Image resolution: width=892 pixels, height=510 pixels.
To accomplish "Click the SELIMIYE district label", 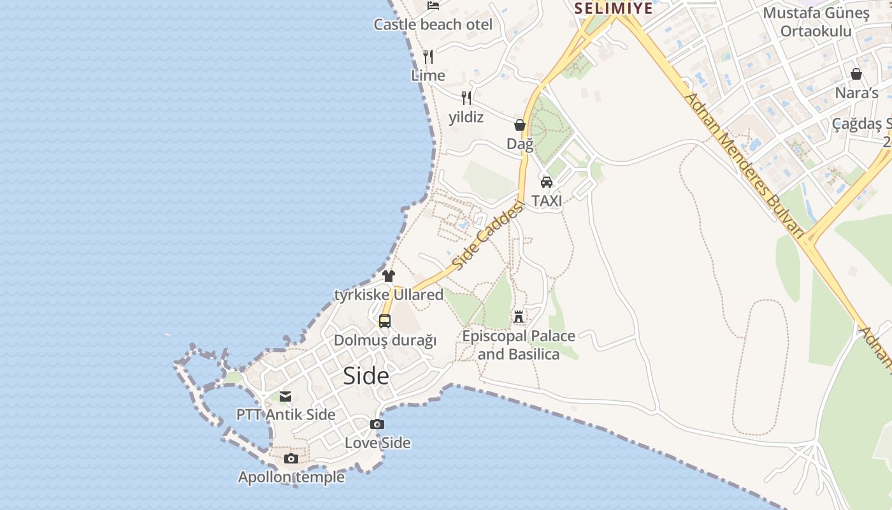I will [614, 8].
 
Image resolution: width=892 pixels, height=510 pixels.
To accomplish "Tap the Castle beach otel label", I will [433, 25].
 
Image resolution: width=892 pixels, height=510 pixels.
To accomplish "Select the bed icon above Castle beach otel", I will [433, 6].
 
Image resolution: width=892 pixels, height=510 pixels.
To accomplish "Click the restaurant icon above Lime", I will [428, 57].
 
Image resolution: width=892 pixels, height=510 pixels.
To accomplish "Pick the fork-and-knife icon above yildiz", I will [466, 98].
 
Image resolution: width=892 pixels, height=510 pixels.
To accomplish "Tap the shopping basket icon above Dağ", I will [520, 125].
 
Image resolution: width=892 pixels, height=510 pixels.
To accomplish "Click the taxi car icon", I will [547, 182].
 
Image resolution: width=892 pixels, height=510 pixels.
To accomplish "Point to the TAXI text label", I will [547, 201].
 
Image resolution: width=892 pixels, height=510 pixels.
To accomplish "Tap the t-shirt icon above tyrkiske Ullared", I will [389, 276].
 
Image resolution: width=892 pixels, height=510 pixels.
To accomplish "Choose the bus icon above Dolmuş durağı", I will [385, 321].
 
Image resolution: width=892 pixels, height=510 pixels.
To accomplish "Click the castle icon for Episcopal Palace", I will [519, 316].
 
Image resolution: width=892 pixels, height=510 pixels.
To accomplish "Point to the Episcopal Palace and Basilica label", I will [519, 345].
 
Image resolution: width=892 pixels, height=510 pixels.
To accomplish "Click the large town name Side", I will [366, 376].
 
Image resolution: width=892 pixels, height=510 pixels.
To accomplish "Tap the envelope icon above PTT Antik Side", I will [285, 397].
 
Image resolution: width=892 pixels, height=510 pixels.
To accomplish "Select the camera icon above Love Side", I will [377, 425].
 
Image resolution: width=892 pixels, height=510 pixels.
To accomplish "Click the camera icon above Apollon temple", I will [291, 458].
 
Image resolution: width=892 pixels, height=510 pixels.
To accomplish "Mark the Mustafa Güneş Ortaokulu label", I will [816, 22].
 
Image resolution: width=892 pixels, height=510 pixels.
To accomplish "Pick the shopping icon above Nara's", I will [856, 75].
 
